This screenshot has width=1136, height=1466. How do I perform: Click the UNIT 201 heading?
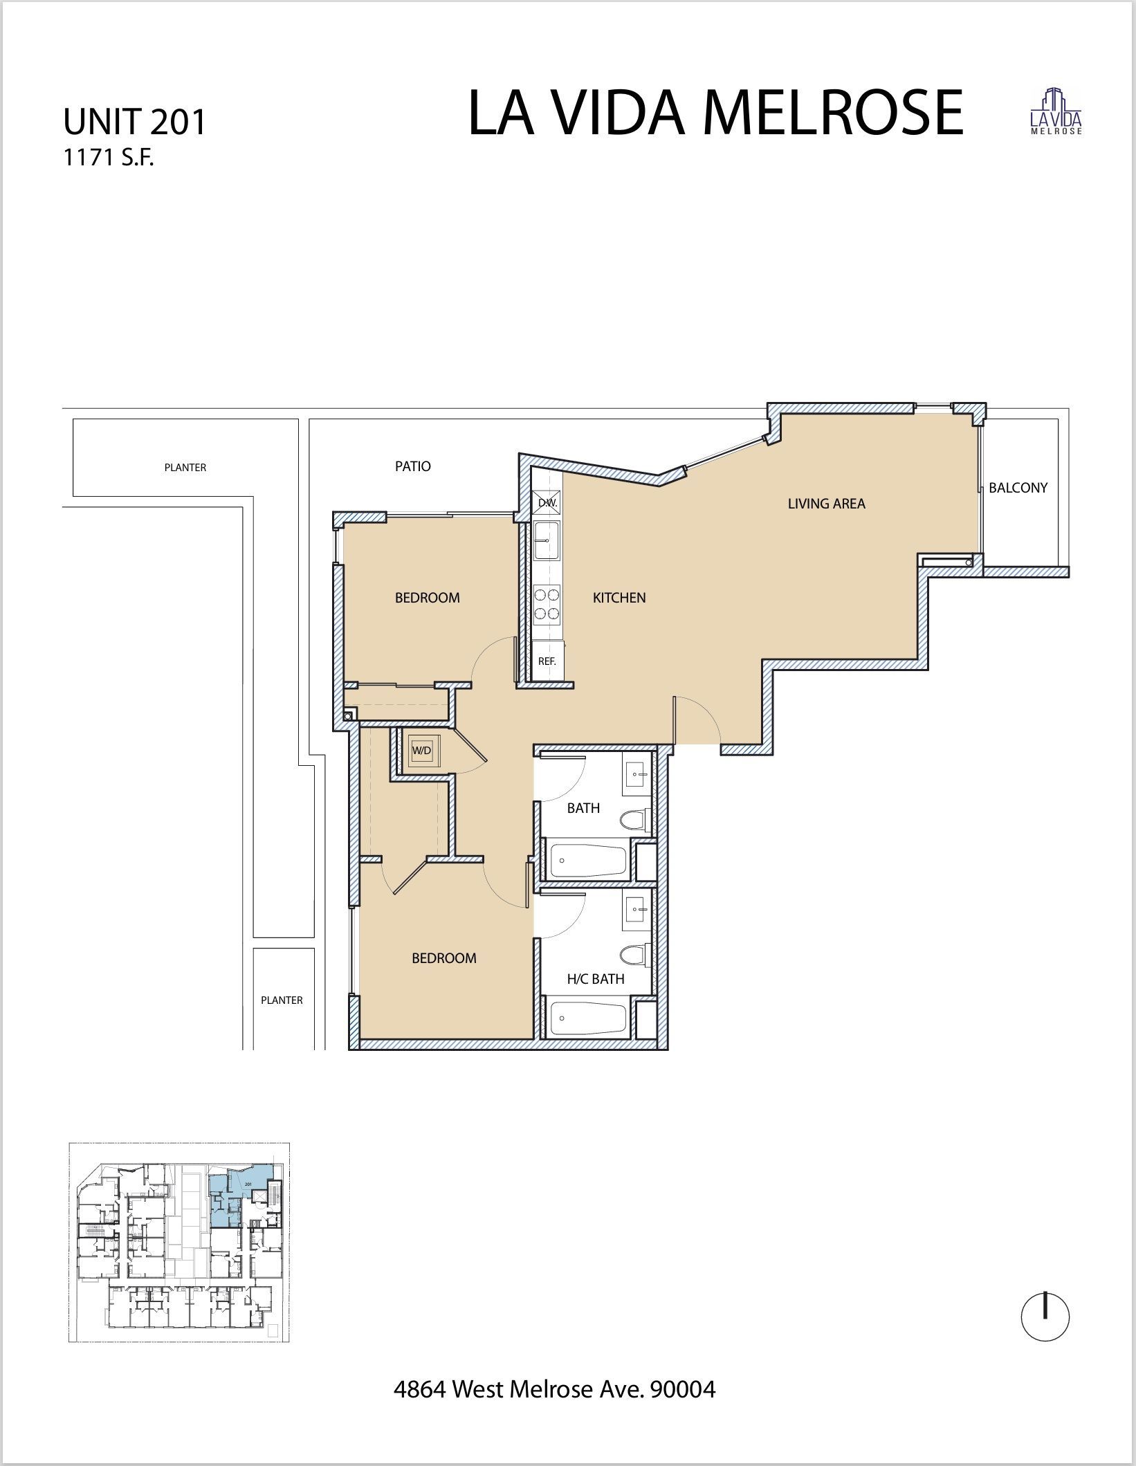tap(135, 122)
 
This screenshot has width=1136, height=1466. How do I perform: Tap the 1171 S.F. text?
tap(108, 158)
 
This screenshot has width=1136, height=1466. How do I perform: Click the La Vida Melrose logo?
tap(1056, 111)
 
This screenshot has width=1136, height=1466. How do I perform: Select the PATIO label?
tap(413, 466)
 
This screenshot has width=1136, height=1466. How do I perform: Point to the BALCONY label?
tap(1018, 488)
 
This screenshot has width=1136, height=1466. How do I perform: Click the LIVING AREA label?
tap(826, 504)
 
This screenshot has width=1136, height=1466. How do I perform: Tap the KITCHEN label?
tap(619, 598)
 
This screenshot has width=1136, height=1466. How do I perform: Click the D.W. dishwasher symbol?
tap(547, 503)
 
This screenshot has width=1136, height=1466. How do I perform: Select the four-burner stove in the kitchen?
tap(547, 603)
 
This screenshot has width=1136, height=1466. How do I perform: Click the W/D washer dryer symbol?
tap(421, 750)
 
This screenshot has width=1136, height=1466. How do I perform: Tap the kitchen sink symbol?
tap(547, 540)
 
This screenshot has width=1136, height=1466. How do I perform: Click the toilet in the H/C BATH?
tap(634, 957)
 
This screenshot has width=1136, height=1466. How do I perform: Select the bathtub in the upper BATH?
tap(588, 861)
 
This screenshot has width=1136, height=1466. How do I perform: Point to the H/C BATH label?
tap(596, 979)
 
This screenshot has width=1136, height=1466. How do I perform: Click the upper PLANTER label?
tap(185, 468)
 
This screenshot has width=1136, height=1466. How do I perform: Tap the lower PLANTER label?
tap(282, 1000)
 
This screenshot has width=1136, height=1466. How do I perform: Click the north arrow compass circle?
tap(1045, 1318)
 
